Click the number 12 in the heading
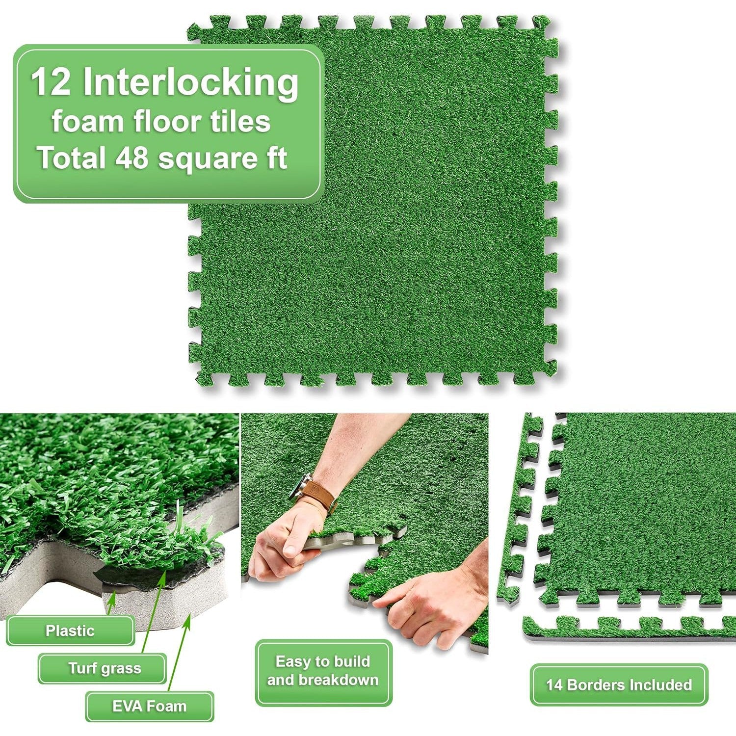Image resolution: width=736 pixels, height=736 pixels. pos(51,82)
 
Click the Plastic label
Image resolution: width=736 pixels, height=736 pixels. pos(70,631)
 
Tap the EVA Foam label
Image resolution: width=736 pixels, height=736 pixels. pos(150,707)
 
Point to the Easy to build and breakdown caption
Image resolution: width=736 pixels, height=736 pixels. pos(323,671)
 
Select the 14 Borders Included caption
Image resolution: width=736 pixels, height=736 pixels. pos(619,685)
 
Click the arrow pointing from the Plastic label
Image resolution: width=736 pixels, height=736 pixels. pos(111,604)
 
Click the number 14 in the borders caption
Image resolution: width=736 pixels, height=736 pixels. pos(554,685)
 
